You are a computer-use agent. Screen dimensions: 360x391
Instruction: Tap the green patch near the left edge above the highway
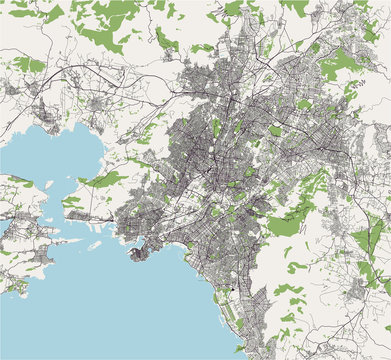tap(28, 64)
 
